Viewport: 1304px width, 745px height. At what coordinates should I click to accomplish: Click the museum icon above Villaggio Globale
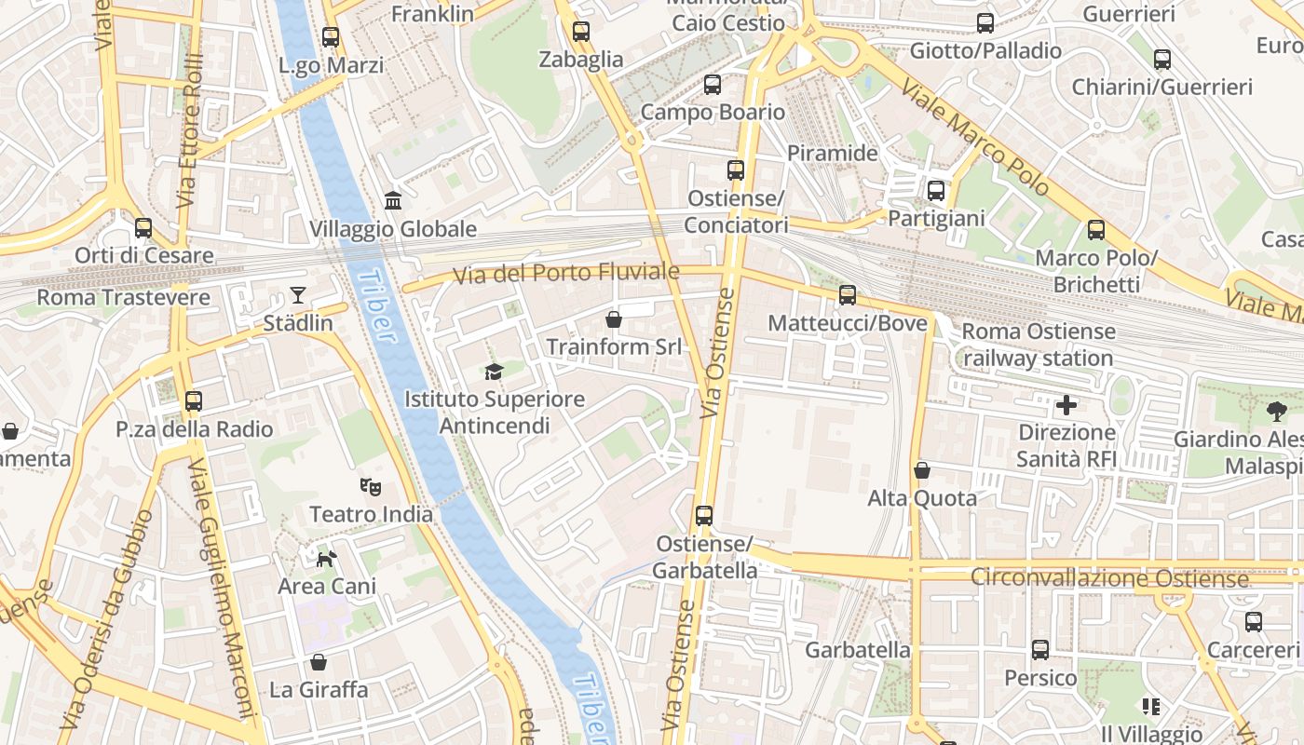(393, 201)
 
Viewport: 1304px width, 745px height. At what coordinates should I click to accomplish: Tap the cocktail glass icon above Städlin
(298, 295)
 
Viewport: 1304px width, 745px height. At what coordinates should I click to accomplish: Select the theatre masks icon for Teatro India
(371, 486)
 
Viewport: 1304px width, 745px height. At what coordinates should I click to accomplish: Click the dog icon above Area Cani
(327, 558)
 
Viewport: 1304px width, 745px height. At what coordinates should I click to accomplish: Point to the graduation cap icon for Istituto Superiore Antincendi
(494, 372)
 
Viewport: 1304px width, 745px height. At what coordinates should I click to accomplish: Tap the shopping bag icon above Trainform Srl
(614, 319)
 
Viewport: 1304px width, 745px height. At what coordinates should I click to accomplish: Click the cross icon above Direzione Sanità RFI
(1066, 405)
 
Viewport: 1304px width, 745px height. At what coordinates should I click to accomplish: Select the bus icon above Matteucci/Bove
(848, 295)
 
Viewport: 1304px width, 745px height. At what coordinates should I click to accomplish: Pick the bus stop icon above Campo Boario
(713, 85)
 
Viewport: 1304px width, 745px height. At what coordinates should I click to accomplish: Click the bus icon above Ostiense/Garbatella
(704, 515)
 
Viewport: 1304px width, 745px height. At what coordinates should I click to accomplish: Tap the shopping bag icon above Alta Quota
(922, 470)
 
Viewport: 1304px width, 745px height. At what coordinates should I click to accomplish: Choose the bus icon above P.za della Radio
(194, 401)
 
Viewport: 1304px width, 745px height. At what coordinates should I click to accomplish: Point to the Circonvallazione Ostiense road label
(1109, 577)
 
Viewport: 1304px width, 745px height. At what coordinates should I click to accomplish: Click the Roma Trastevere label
(123, 297)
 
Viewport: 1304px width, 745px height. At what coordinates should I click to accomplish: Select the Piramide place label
(833, 153)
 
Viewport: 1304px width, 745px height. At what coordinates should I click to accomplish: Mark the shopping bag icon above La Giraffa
(319, 662)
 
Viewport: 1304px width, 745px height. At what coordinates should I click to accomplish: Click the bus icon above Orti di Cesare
(143, 228)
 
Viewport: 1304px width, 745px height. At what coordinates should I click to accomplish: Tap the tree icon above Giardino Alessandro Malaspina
(1276, 411)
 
